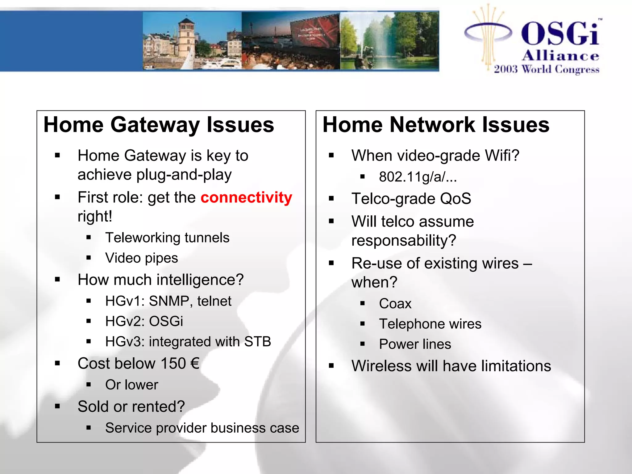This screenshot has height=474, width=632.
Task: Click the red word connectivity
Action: pyautogui.click(x=246, y=197)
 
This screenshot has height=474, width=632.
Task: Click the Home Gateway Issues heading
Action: pyautogui.click(x=159, y=125)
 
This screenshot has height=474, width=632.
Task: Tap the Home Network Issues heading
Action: pyautogui.click(x=436, y=125)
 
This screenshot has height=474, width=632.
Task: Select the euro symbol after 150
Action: pyautogui.click(x=195, y=363)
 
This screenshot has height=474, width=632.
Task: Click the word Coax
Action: pyautogui.click(x=395, y=304)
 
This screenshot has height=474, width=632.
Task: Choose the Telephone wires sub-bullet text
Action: pyautogui.click(x=430, y=324)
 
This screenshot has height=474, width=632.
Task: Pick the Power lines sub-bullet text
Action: pyautogui.click(x=415, y=344)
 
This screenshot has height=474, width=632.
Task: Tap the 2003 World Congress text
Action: pyautogui.click(x=546, y=69)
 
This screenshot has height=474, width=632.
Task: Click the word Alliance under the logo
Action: pyautogui.click(x=560, y=56)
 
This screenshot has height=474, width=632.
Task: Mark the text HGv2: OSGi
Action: pyautogui.click(x=144, y=321)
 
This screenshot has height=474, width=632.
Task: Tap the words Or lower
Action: pyautogui.click(x=131, y=385)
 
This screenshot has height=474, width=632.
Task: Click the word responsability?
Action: pyautogui.click(x=403, y=240)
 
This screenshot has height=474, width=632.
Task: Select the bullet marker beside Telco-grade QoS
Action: pyautogui.click(x=331, y=198)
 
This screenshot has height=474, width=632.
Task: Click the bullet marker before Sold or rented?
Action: pyautogui.click(x=57, y=406)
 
